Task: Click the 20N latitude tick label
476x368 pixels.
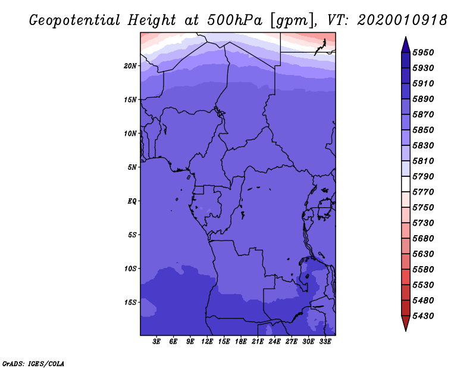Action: tap(130, 66)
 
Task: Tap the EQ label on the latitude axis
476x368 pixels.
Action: tap(132, 201)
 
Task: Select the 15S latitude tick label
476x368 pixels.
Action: tap(130, 302)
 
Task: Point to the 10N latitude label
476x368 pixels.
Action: tap(130, 133)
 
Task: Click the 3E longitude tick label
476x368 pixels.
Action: tap(156, 342)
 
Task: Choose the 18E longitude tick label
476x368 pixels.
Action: tap(241, 342)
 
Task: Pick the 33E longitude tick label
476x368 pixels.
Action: tap(325, 342)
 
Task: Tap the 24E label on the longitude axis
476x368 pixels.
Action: tap(274, 342)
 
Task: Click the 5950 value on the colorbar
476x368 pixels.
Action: tap(423, 52)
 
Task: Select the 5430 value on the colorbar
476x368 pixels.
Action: tap(423, 316)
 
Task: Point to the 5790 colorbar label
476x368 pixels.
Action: tap(423, 176)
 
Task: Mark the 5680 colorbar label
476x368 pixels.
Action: tap(423, 239)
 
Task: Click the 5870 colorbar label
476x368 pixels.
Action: tap(423, 114)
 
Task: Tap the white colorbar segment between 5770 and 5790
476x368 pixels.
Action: tap(406, 184)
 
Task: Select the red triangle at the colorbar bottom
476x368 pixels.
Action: tap(406, 323)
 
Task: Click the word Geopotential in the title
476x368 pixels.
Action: tap(75, 21)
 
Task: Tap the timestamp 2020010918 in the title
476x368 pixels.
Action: tap(402, 20)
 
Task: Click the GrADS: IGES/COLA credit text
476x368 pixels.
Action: tap(33, 364)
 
